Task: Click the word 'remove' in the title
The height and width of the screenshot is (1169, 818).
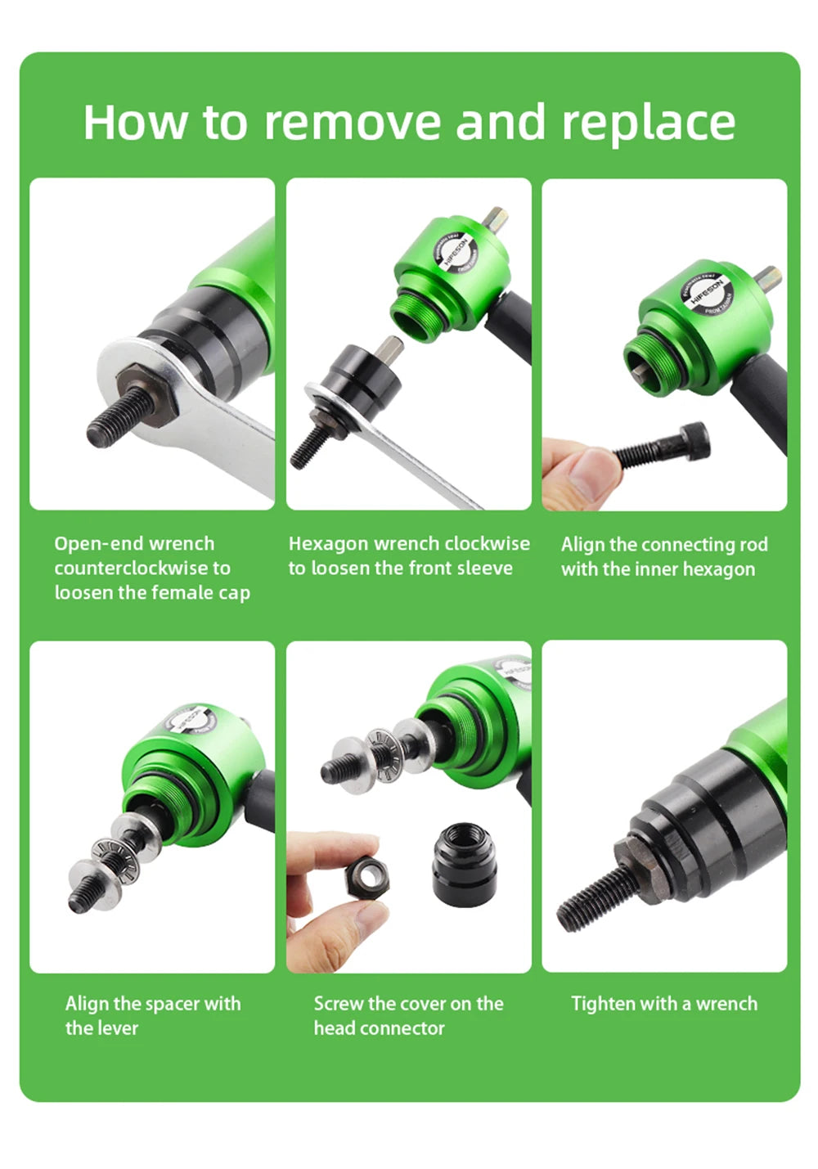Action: tap(353, 123)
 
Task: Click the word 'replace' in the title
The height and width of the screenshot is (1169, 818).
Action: tap(648, 123)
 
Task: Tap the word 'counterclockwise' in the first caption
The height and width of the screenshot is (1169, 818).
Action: tap(142, 568)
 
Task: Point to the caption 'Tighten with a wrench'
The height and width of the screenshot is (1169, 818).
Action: tap(663, 1003)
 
